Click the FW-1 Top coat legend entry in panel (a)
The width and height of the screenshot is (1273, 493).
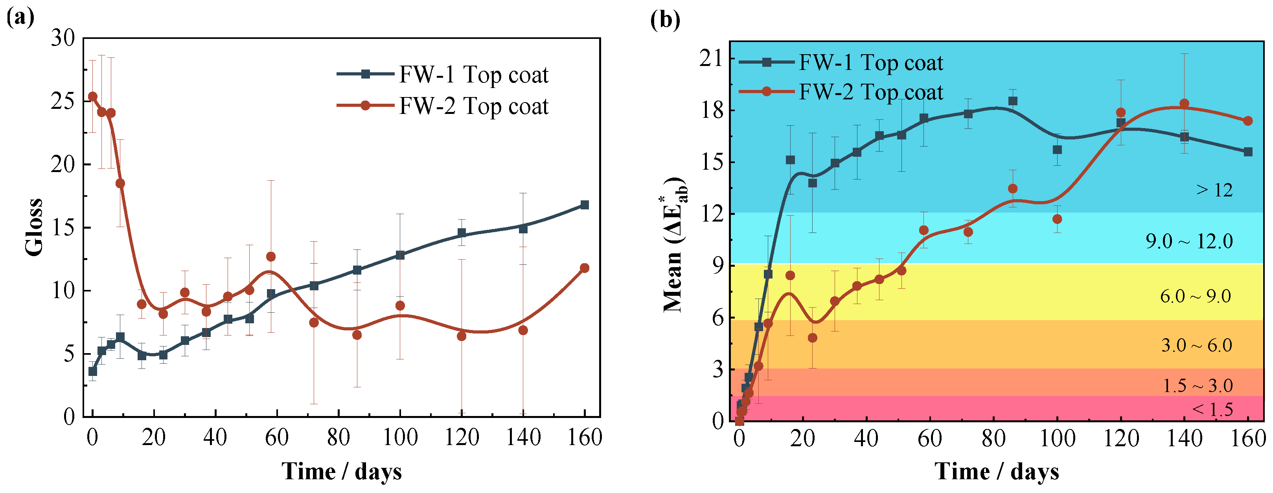tap(442, 75)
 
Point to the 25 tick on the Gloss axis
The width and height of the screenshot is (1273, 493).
tap(63, 101)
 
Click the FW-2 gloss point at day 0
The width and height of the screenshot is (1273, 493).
tap(92, 96)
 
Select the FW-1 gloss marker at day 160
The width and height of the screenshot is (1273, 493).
tap(585, 205)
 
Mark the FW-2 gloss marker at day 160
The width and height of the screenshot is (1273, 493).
tap(585, 268)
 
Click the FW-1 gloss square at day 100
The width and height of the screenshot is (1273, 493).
tap(400, 255)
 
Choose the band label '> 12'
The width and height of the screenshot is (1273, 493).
tap(1214, 190)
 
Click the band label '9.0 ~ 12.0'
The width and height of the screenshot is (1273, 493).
tap(1189, 242)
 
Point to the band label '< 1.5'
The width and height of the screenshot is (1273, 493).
tap(1212, 409)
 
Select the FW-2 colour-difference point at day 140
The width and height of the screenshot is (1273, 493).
tap(1185, 104)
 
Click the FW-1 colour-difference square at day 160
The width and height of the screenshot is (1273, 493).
tap(1248, 152)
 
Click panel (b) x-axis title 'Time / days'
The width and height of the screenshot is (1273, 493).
tap(996, 471)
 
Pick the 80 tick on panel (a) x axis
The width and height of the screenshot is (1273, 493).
tap(338, 438)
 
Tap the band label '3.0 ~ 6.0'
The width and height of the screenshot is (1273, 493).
tap(1196, 345)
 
